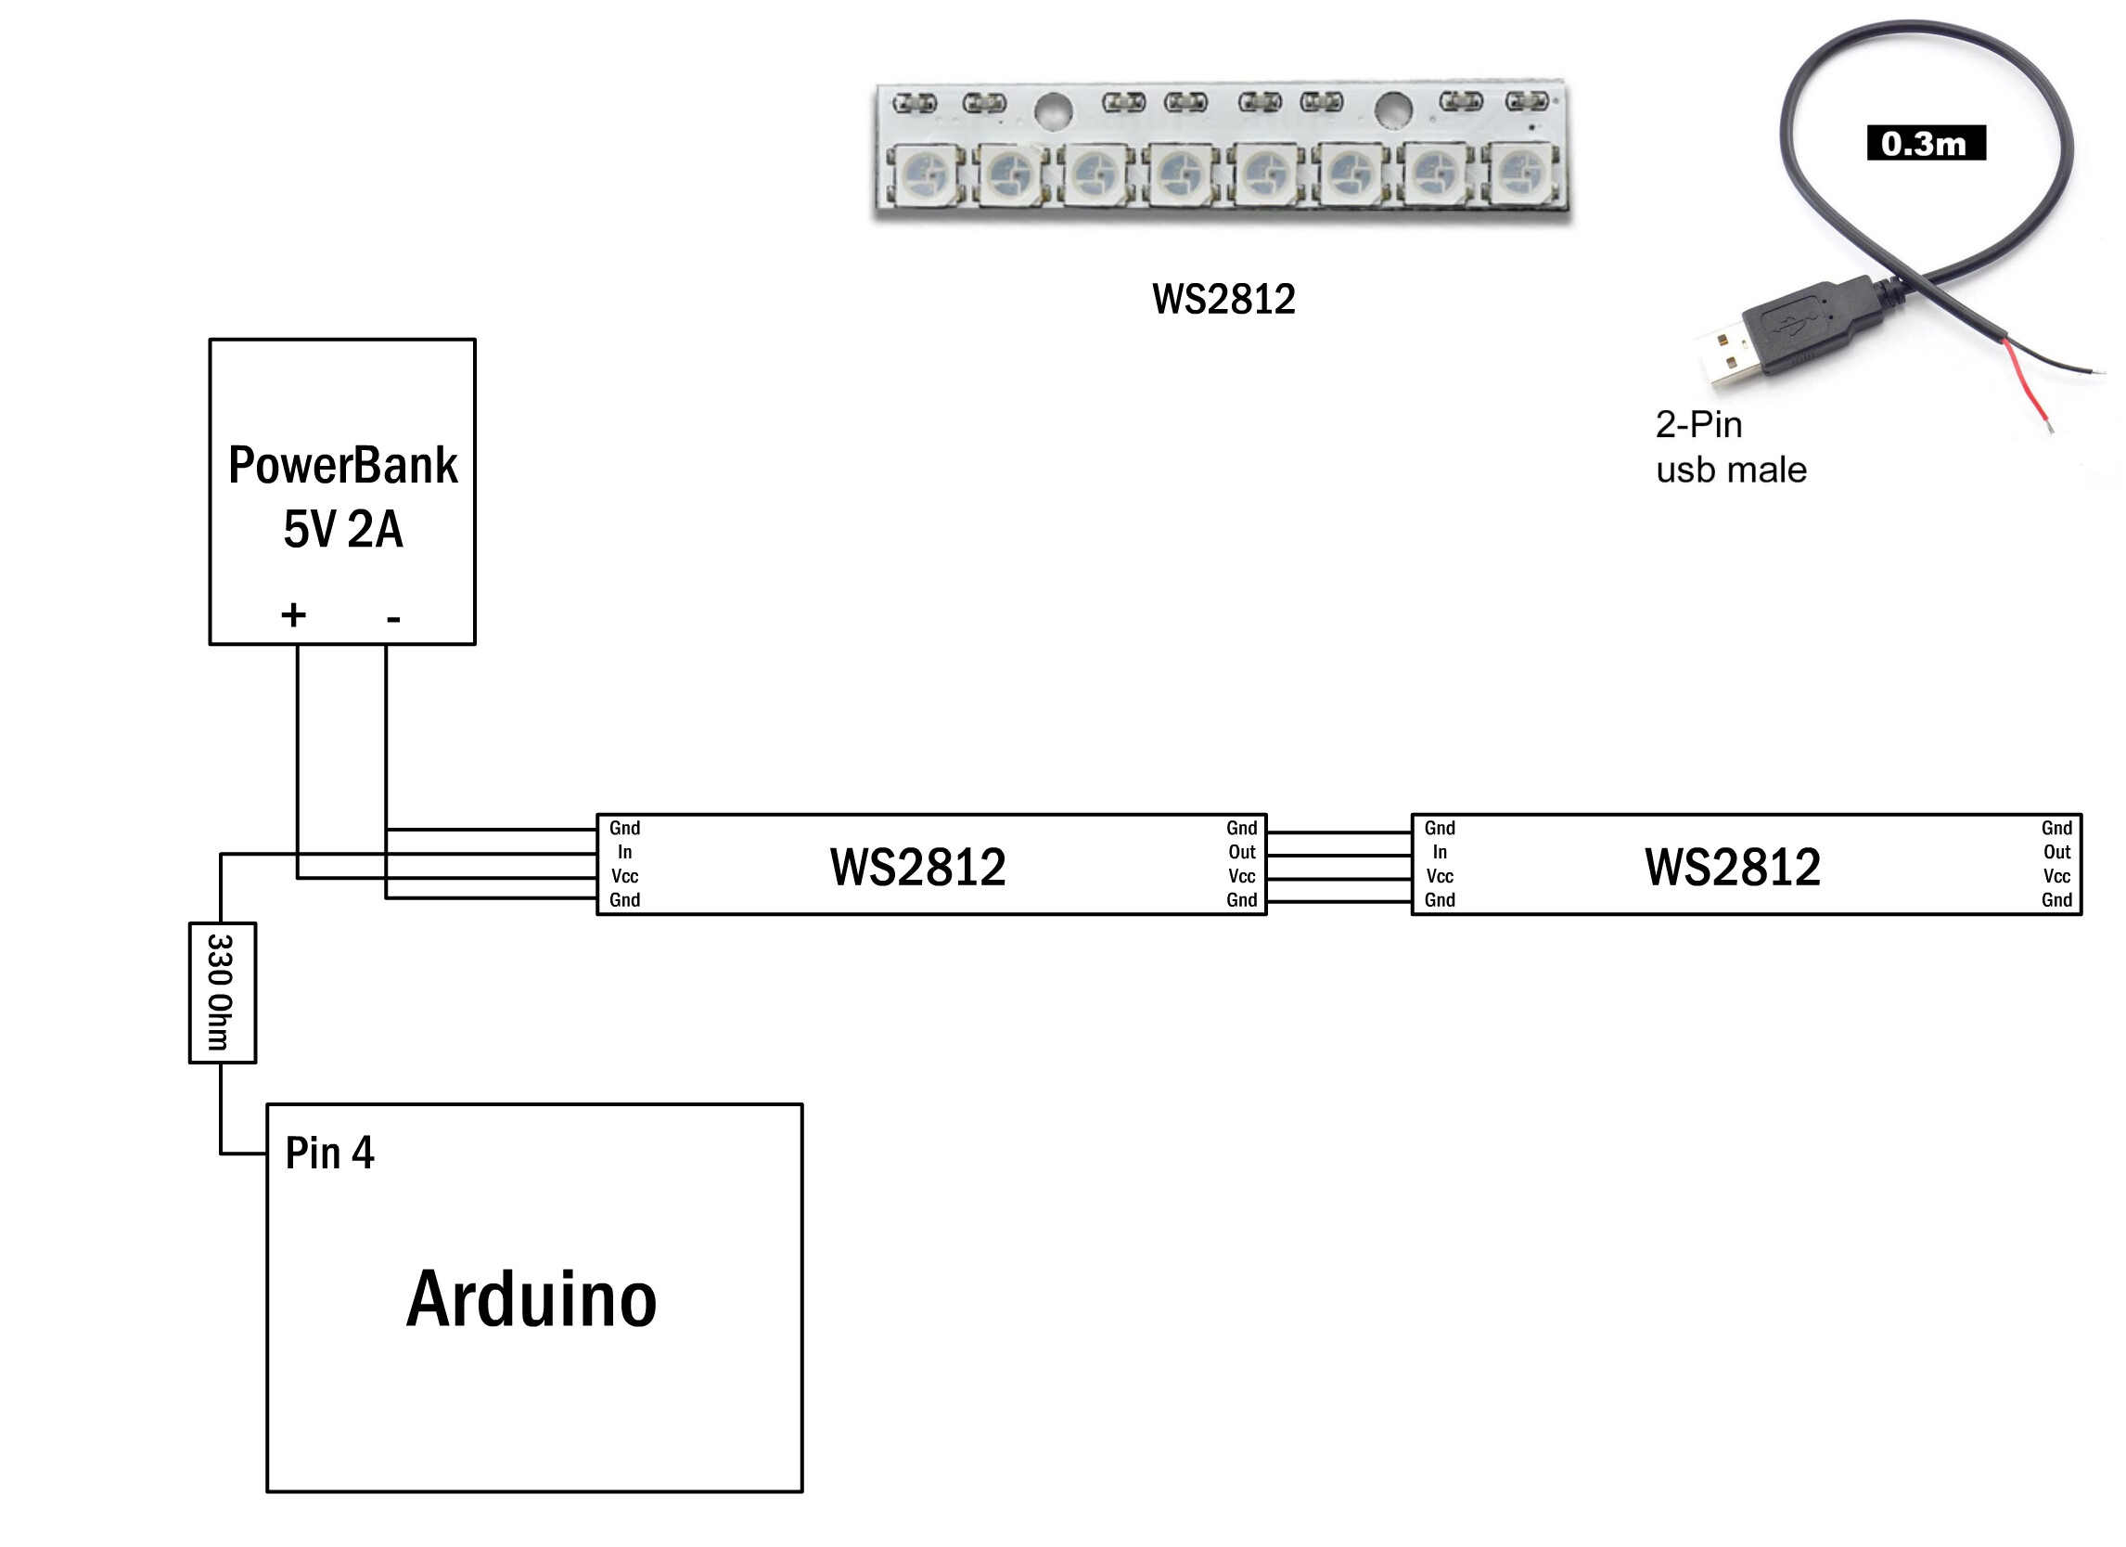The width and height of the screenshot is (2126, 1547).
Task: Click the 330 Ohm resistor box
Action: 223,993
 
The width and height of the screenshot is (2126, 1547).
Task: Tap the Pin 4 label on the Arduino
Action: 329,1154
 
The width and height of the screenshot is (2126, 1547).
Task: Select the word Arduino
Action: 531,1299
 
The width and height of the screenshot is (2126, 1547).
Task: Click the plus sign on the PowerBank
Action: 293,615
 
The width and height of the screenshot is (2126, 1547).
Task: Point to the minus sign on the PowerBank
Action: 393,618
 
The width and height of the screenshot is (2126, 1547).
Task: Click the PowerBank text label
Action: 343,465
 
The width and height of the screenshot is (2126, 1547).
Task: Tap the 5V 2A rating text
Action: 343,529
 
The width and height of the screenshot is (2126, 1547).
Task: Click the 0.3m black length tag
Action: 1926,143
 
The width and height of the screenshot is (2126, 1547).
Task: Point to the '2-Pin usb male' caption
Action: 1731,447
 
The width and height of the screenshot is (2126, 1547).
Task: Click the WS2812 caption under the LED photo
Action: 1223,299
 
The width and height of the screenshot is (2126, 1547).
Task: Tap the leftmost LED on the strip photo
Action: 926,174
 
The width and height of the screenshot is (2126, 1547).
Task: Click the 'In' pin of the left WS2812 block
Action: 624,852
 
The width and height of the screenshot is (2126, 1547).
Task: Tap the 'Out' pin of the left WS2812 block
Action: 1242,852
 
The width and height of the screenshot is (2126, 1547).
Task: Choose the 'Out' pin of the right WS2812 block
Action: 2057,852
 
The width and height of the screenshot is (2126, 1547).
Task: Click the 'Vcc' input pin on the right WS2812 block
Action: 1440,877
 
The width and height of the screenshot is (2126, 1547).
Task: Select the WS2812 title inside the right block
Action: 1733,867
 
